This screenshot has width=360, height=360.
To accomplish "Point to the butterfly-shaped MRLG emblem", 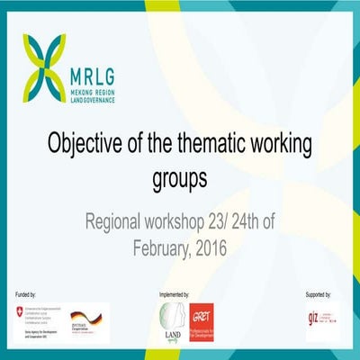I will coord(45,64).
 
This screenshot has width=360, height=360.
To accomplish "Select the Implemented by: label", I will coord(172,294).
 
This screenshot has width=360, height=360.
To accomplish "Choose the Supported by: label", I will coord(319,294).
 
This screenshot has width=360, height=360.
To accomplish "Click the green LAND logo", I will coord(170,320).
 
